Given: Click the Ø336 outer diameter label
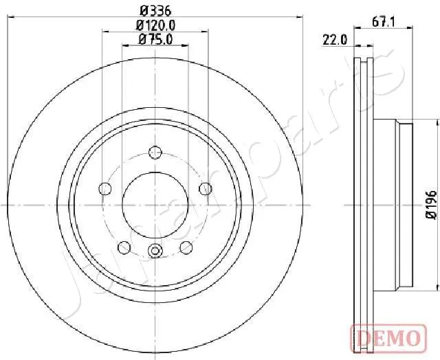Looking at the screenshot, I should [x=155, y=10].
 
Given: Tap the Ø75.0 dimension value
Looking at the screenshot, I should [x=155, y=39].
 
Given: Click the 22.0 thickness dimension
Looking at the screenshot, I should [x=335, y=39].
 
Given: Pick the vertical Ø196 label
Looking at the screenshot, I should [x=430, y=205].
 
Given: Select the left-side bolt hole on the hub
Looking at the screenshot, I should [x=105, y=188].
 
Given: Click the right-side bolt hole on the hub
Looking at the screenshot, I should [x=205, y=188].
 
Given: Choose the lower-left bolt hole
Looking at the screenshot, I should [x=124, y=247].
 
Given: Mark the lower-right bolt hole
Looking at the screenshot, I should [x=186, y=247].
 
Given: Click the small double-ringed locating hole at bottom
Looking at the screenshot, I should [x=155, y=251].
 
